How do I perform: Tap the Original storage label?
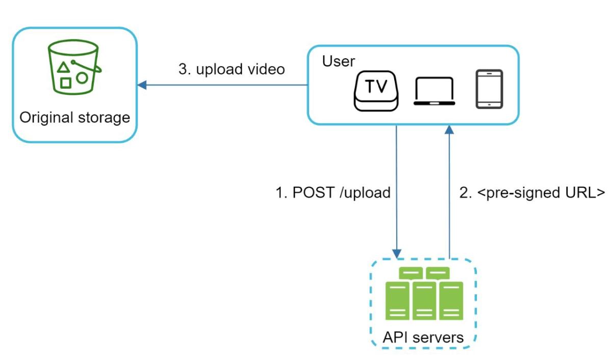(74, 118)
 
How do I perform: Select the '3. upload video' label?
(232, 69)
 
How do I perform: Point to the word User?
(338, 61)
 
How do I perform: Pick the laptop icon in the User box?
(434, 91)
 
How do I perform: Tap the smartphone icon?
(489, 89)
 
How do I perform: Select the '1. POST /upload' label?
(333, 193)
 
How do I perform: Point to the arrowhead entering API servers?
(397, 253)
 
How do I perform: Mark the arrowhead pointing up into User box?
(449, 130)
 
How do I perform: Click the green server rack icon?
(424, 294)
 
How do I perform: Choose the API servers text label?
(423, 337)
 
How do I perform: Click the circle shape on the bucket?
(82, 78)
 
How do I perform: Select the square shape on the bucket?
(65, 82)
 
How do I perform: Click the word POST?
(312, 193)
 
